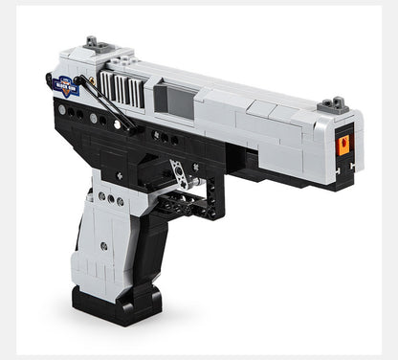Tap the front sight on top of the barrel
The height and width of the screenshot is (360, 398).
click(332, 103)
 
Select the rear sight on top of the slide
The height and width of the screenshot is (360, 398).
click(94, 43)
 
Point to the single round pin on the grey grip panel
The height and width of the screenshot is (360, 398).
click(103, 246)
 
